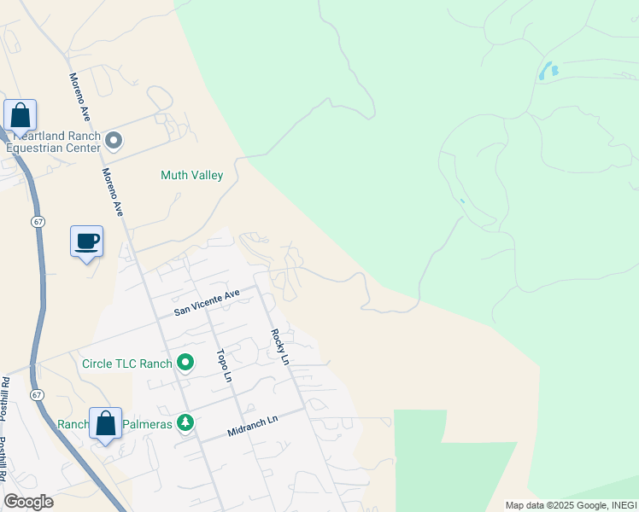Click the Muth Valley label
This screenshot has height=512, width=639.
pyautogui.click(x=191, y=176)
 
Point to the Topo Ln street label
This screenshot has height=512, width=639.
pyautogui.click(x=224, y=365)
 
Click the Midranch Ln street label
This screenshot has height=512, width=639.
pyautogui.click(x=253, y=427)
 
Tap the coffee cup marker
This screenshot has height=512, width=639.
pyautogui.click(x=86, y=241)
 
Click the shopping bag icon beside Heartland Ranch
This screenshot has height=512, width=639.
pyautogui.click(x=20, y=117)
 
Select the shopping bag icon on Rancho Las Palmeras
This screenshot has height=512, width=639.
pyautogui.click(x=106, y=424)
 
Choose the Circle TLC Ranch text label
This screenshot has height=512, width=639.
pyautogui.click(x=127, y=364)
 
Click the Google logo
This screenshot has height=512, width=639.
pyautogui.click(x=28, y=502)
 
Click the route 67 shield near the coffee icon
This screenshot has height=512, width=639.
pyautogui.click(x=38, y=221)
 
